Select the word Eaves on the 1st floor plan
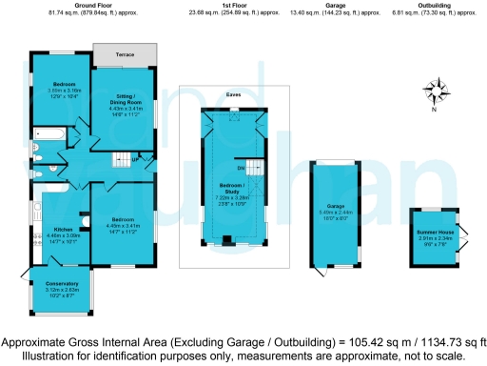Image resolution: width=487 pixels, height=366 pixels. click(233, 94)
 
